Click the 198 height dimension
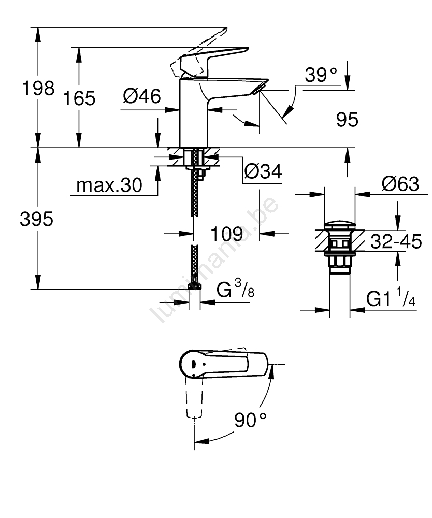pos(37,89)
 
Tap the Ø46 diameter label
pos(142,96)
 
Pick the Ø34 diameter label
pos(263,171)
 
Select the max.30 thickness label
pos(109,185)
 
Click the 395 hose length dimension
pos(36,220)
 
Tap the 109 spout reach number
pos(227,234)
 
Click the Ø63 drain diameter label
pos(399,183)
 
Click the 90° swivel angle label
pos(250,420)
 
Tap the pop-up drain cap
pos(339,226)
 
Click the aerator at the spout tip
pos(257,89)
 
